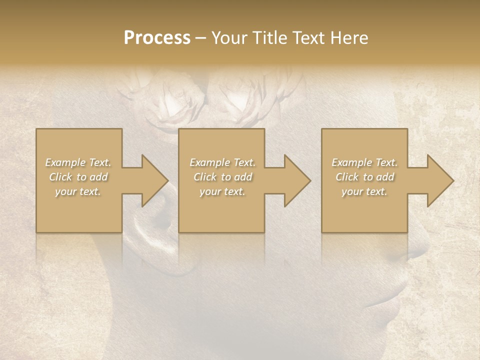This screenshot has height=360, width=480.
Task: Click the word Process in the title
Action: pos(157,38)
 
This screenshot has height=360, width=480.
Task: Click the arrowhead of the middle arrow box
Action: pos(296,180)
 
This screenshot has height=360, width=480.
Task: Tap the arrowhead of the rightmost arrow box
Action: pos(439,180)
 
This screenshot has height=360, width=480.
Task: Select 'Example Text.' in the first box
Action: pos(78,162)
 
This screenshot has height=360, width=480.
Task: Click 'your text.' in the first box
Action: pos(78,191)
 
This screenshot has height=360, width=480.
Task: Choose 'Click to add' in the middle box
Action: pos(222,177)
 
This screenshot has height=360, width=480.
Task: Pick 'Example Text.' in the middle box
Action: pos(222,162)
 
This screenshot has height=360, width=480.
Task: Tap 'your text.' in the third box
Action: pos(364,191)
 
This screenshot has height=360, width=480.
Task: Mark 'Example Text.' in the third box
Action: pos(364,162)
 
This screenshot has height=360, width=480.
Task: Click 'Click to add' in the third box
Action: pos(364,177)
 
